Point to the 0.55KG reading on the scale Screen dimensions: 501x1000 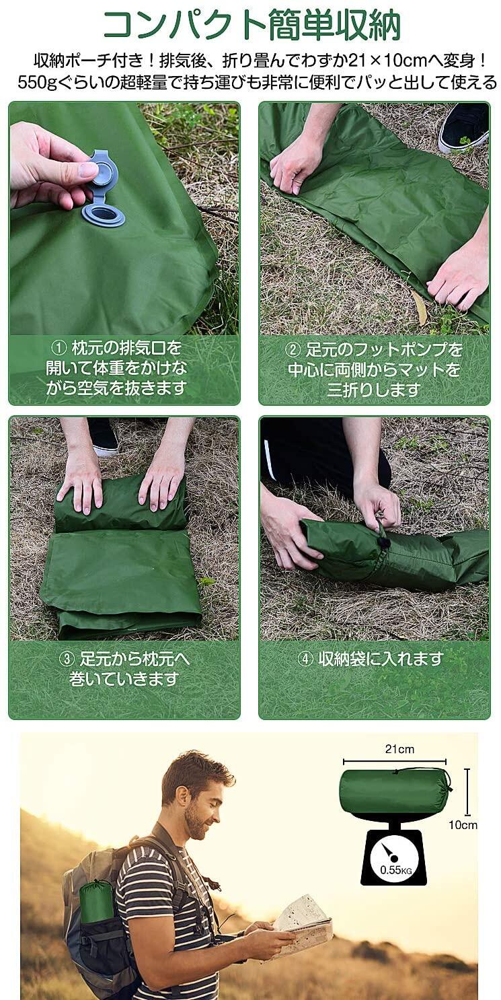click(395, 869)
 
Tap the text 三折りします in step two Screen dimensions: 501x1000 click(374, 390)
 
